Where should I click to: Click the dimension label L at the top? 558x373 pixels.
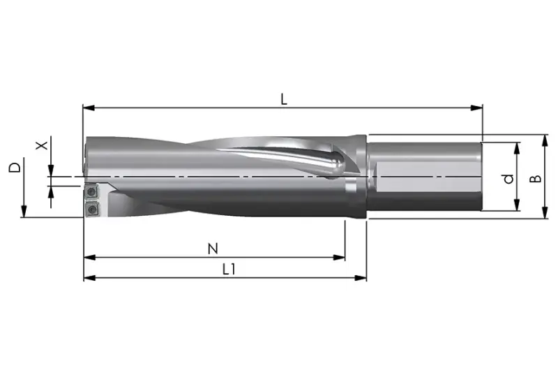[x=283, y=99]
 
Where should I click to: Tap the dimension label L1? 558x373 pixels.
[x=229, y=270]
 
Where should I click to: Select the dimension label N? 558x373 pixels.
[x=213, y=248]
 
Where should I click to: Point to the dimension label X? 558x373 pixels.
[x=43, y=145]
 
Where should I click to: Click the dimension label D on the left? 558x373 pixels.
[x=15, y=168]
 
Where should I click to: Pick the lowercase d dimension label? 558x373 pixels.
[x=509, y=179]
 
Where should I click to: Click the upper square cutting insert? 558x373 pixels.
[x=92, y=191]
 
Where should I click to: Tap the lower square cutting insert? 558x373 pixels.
[x=92, y=209]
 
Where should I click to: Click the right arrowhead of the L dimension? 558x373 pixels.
[x=476, y=108]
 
